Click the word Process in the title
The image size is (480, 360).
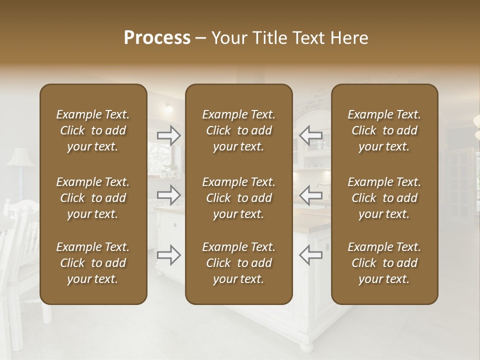(x=157, y=38)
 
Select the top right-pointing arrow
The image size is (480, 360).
(x=169, y=135)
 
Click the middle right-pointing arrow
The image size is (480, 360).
(x=169, y=195)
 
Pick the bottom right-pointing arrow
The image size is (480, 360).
(x=169, y=254)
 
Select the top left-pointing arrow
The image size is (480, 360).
(x=310, y=135)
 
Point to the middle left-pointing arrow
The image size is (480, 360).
(x=310, y=195)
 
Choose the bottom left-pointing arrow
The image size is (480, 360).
(x=310, y=254)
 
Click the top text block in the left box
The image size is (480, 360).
(x=93, y=130)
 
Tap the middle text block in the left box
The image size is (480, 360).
(x=93, y=198)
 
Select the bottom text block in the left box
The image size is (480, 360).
(x=93, y=263)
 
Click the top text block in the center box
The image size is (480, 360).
(x=238, y=130)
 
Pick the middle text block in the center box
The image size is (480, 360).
(x=238, y=198)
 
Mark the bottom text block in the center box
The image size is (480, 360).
(x=238, y=263)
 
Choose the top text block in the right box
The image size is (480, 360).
(x=384, y=130)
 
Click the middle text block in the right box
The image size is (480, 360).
(x=384, y=198)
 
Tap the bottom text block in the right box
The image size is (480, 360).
(x=384, y=263)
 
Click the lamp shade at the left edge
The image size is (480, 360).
(x=20, y=158)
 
